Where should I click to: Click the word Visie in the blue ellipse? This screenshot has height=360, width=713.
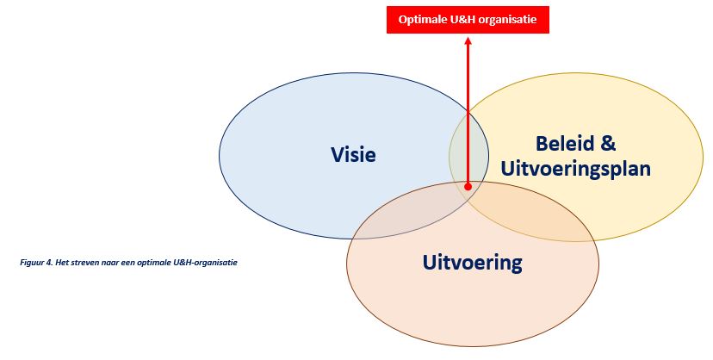click(x=353, y=154)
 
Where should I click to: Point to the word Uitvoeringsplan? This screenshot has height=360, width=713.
click(x=575, y=169)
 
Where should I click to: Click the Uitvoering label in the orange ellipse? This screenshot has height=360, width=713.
click(x=473, y=263)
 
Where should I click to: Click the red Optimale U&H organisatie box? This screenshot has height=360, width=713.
click(x=468, y=20)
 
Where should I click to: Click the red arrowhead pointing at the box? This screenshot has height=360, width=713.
click(x=468, y=40)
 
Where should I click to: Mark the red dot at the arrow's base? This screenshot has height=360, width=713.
click(x=468, y=186)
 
